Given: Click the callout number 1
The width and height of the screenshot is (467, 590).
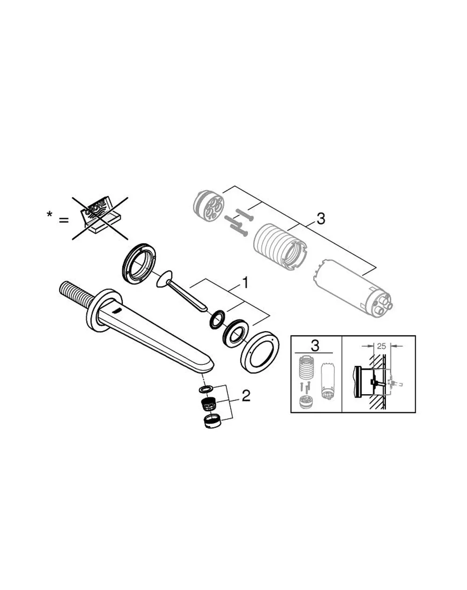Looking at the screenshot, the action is point(246,283).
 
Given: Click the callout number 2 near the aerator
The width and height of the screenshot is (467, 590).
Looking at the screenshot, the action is point(246,396).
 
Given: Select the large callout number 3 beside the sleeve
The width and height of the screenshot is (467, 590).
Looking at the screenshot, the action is point(321,219).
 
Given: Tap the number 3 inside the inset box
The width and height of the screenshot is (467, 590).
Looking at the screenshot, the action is point(315,346).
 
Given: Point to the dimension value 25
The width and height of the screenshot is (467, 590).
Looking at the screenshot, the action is point(381,346).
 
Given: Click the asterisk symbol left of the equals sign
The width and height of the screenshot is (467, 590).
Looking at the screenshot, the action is point(50,214).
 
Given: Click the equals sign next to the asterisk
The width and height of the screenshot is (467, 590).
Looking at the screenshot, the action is point(64,220).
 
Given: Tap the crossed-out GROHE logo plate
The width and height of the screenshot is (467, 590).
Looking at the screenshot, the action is point(100,218).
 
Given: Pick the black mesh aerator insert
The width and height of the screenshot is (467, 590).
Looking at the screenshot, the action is point(209,405).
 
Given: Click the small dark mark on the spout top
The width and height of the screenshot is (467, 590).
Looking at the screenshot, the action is point(117,311).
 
